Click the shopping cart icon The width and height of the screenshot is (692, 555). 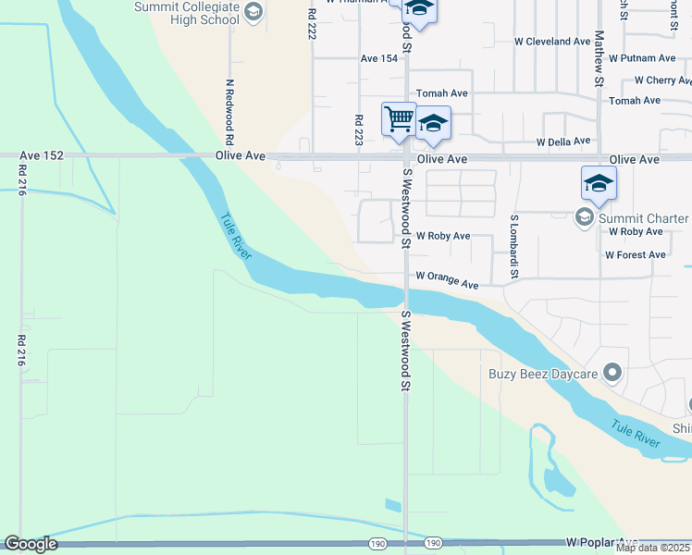[399, 117]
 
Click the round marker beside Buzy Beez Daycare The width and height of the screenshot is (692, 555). [612, 373]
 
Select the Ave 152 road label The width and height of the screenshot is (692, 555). [43, 155]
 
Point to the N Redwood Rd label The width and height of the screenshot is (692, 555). [229, 109]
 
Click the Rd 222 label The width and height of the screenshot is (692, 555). [311, 23]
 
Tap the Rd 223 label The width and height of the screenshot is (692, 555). [359, 130]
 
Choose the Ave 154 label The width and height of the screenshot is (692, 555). [378, 58]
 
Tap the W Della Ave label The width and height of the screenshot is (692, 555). [562, 142]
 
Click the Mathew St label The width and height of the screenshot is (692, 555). [599, 58]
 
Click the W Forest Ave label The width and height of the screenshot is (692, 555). [635, 254]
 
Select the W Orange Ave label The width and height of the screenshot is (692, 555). [447, 278]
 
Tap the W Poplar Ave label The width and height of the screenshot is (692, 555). [602, 541]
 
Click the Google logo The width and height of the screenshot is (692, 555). [31, 544]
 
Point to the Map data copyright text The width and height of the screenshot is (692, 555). [653, 548]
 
